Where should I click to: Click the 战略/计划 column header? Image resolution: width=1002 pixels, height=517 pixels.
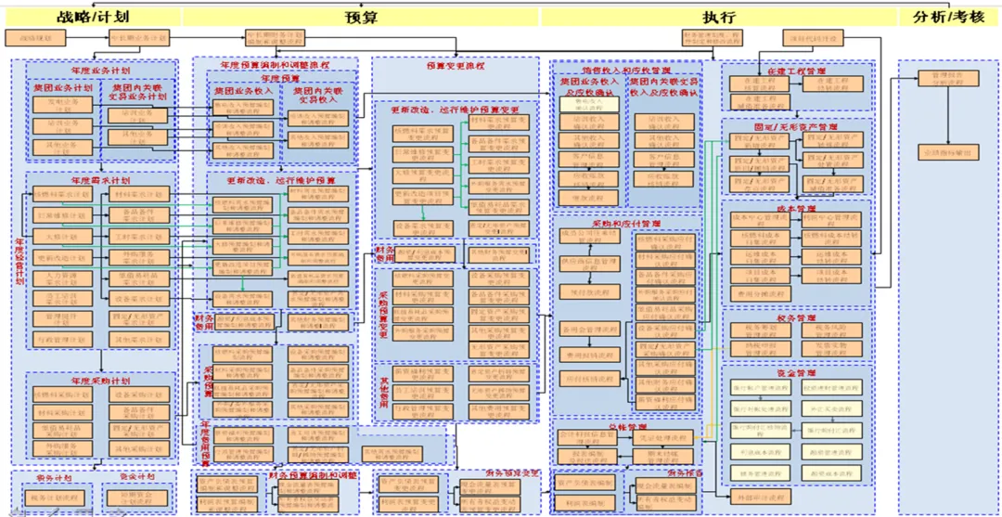pyautogui.click(x=93, y=17)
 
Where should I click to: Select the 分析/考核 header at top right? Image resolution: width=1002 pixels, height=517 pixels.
pyautogui.click(x=949, y=17)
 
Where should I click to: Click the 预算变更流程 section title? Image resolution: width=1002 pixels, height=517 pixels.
pyautogui.click(x=455, y=66)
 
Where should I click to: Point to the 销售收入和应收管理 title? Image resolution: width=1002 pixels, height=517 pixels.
pyautogui.click(x=626, y=70)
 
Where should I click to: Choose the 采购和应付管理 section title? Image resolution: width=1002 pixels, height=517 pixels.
pyautogui.click(x=626, y=224)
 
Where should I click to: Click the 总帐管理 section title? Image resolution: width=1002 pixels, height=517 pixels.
pyautogui.click(x=626, y=428)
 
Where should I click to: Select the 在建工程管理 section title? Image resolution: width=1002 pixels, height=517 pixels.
pyautogui.click(x=797, y=71)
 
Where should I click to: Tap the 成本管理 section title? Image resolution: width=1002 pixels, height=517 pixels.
pyautogui.click(x=797, y=209)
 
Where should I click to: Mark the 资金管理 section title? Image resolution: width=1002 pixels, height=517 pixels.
pyautogui.click(x=797, y=372)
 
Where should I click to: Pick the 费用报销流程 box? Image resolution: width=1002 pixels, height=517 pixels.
pyautogui.click(x=588, y=354)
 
